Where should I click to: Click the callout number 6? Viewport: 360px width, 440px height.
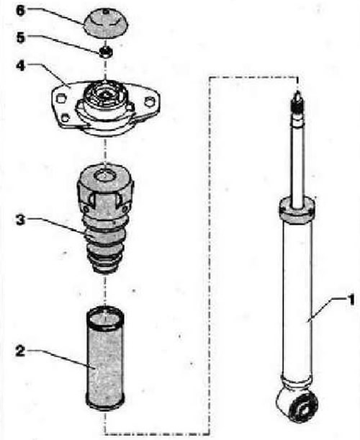(x=20, y=12)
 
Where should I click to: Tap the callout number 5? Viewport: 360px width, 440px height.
(x=20, y=37)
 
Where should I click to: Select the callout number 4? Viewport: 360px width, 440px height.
(x=20, y=66)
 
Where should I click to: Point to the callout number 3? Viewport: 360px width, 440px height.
(x=20, y=220)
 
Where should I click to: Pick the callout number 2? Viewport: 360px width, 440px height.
(x=20, y=351)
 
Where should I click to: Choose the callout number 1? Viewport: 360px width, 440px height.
(x=351, y=300)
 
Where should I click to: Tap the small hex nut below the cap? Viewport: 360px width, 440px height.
(x=106, y=52)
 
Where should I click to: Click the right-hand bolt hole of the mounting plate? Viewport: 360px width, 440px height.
(x=150, y=102)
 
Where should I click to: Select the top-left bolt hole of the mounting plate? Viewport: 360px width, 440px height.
(x=60, y=99)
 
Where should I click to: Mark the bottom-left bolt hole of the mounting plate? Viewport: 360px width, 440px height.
(x=66, y=118)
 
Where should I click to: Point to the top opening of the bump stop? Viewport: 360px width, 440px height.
(x=104, y=176)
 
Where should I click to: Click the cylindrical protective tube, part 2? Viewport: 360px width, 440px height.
(x=105, y=359)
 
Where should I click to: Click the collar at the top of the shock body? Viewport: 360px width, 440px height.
(x=297, y=210)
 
